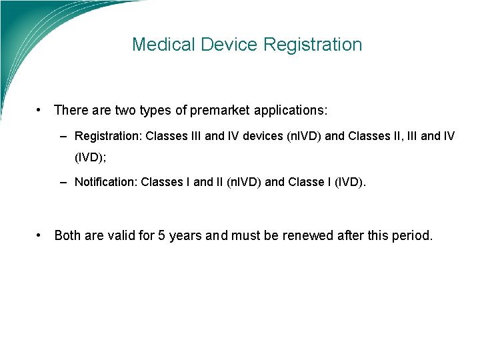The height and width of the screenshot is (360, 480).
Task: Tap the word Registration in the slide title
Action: (313, 45)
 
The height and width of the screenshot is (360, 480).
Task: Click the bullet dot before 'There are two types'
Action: (41, 109)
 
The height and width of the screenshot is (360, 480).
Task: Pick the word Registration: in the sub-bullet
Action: (107, 136)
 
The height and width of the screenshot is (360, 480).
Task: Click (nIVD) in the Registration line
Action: (303, 136)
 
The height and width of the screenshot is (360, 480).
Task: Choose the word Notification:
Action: (106, 181)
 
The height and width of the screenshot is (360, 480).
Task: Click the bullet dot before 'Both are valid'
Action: (41, 235)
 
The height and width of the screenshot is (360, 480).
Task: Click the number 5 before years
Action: (162, 235)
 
